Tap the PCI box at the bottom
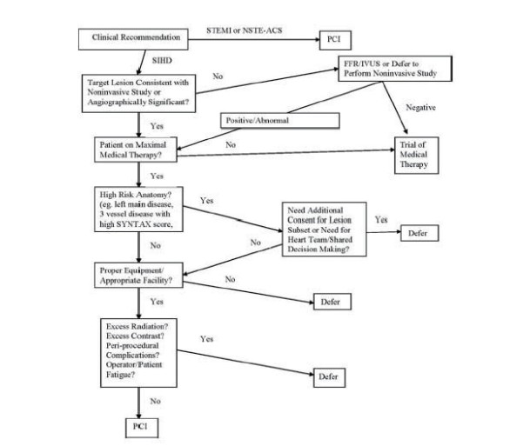coord(138,429)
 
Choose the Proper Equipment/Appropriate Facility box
coord(144,277)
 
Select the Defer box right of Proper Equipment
coord(332,302)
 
